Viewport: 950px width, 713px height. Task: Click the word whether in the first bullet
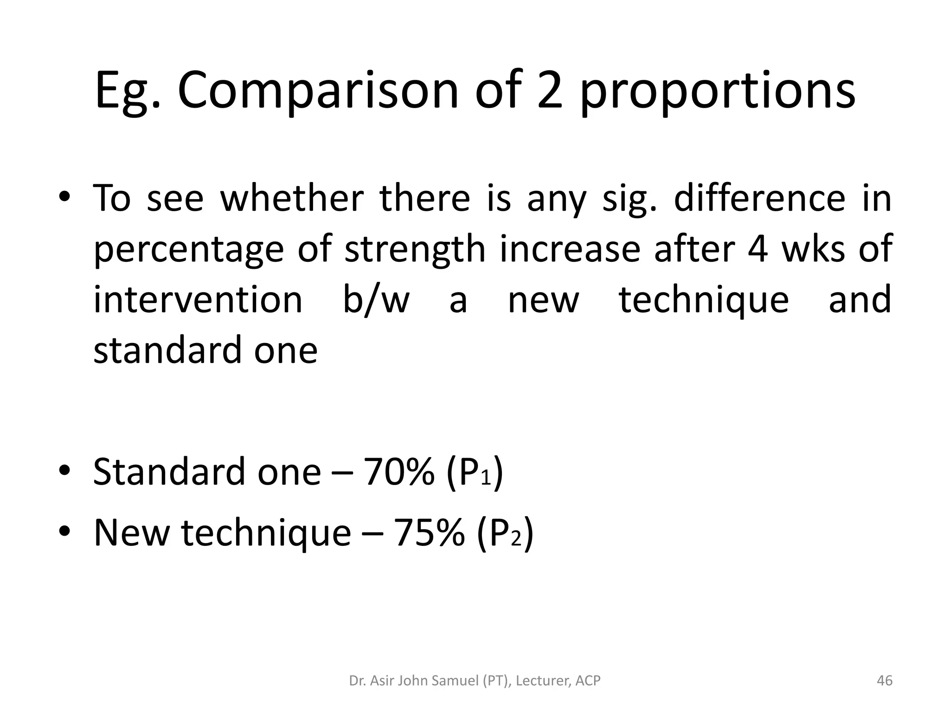click(292, 198)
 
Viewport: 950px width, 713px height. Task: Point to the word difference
click(759, 198)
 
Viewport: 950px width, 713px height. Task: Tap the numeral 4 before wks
click(757, 249)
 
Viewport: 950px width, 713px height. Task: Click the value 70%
click(399, 472)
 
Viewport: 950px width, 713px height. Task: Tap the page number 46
click(885, 681)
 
